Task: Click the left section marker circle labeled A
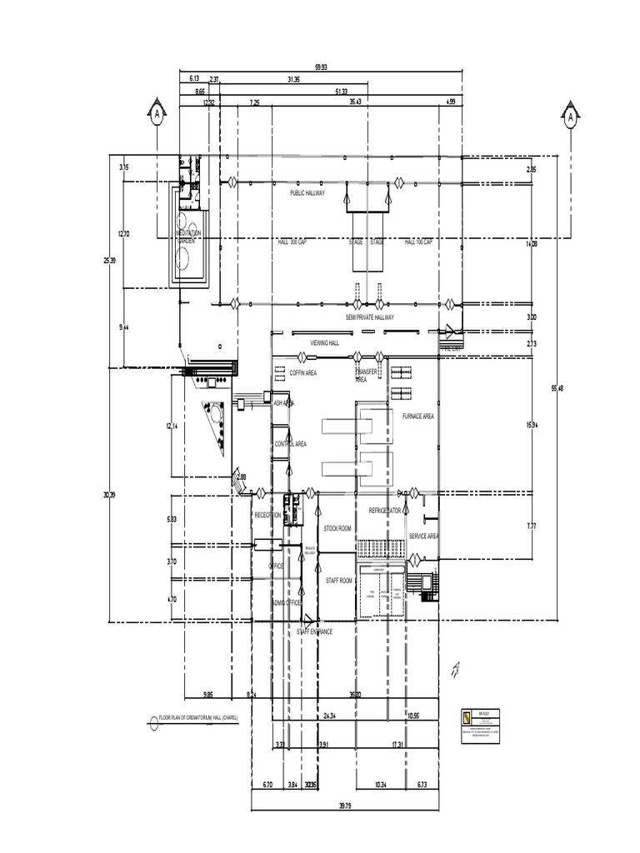[157, 116]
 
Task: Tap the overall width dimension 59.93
[320, 67]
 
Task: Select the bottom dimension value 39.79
[344, 805]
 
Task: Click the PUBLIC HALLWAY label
[307, 192]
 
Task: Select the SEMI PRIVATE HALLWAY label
[370, 317]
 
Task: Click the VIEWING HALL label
[325, 342]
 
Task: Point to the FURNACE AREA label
[417, 416]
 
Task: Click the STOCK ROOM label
[337, 529]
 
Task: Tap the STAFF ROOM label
[338, 580]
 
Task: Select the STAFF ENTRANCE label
[314, 632]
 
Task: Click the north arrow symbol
[455, 666]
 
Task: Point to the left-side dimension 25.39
[109, 261]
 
